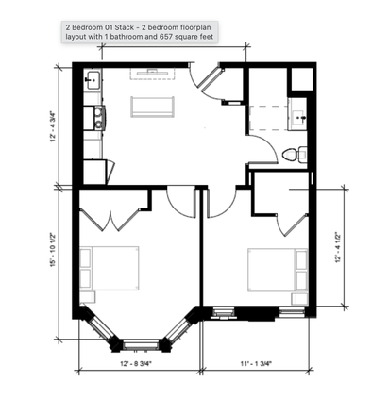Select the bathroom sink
coord(298,118)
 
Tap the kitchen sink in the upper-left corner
coord(93,81)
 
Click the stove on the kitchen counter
coord(94,118)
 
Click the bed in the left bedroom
coord(109,268)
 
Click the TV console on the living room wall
coord(153,72)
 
